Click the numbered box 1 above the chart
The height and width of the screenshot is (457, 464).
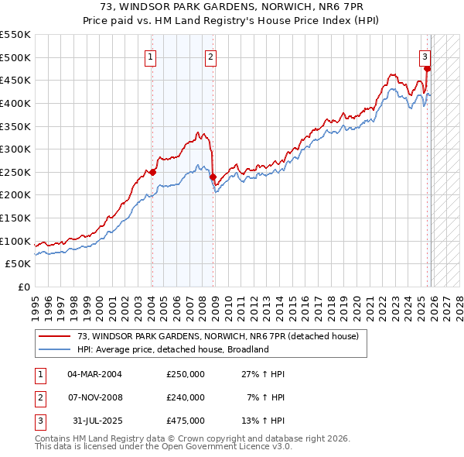click(x=149, y=56)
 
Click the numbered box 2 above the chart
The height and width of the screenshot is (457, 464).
click(x=210, y=56)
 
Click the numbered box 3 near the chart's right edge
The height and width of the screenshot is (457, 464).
click(x=425, y=56)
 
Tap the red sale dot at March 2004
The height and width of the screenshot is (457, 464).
click(x=152, y=172)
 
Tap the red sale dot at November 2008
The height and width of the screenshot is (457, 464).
click(x=213, y=177)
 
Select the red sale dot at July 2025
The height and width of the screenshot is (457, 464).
click(x=427, y=68)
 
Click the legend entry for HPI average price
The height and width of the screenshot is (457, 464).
click(x=172, y=349)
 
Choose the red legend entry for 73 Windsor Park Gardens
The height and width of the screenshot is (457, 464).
click(x=217, y=337)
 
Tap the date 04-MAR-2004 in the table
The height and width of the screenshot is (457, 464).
click(x=94, y=374)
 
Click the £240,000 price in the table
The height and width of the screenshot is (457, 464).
click(x=186, y=397)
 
